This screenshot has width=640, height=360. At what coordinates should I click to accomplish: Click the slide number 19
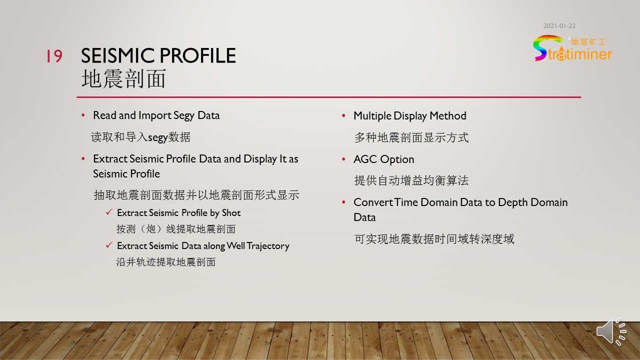[54, 55]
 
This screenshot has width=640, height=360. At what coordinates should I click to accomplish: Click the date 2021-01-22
[559, 26]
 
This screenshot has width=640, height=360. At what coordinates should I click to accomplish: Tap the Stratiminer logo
[572, 48]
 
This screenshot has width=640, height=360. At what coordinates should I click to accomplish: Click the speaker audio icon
[611, 331]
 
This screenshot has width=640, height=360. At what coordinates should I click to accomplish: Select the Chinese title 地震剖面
[123, 78]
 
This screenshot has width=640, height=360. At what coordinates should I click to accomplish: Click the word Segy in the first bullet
[183, 115]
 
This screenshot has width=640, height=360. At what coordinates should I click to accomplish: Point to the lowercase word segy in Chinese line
[157, 137]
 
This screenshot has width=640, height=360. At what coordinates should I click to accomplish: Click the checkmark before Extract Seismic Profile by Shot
[109, 212]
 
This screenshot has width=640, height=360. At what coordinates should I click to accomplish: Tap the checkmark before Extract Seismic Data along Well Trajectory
[109, 245]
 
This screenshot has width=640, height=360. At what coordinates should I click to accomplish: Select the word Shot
[231, 213]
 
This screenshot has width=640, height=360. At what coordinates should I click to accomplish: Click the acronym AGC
[365, 159]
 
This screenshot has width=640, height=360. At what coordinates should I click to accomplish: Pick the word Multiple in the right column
[372, 116]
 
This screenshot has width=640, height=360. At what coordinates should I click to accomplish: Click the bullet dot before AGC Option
[343, 159]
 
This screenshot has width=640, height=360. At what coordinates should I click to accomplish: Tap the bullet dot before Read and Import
[83, 115]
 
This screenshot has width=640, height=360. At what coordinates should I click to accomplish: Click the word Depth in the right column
[513, 202]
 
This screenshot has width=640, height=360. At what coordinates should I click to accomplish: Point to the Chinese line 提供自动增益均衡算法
[411, 180]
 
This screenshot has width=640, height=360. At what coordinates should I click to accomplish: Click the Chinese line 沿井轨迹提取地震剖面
[166, 262]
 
